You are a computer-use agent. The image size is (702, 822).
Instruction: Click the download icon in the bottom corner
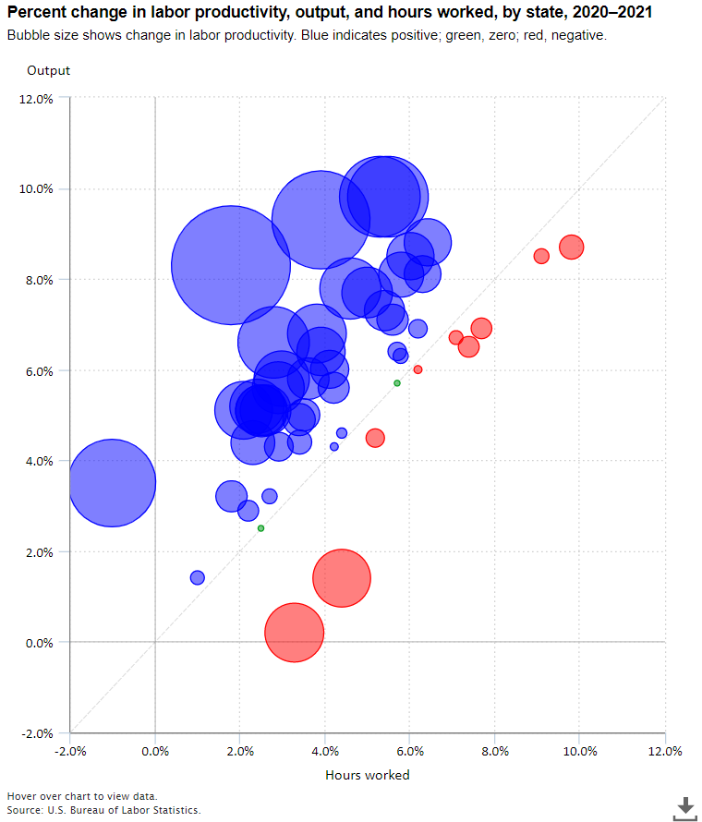click(684, 807)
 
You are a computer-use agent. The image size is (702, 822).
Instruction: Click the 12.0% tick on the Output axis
click(36, 99)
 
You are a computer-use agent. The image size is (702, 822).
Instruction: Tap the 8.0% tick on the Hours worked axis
click(495, 751)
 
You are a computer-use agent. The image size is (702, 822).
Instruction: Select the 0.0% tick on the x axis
click(155, 751)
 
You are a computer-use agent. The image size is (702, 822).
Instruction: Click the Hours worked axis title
click(368, 775)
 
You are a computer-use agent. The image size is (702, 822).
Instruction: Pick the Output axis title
click(48, 70)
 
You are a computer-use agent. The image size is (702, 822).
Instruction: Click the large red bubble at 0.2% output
click(295, 633)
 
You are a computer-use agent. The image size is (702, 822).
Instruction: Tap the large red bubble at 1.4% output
click(342, 578)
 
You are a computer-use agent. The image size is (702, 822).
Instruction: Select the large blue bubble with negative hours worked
click(113, 482)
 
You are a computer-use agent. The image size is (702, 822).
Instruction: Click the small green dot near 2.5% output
click(260, 528)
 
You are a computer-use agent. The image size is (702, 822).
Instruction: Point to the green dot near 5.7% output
click(397, 382)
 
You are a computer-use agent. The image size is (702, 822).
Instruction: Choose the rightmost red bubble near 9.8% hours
click(571, 247)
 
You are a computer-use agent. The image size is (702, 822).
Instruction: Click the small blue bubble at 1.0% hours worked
click(197, 577)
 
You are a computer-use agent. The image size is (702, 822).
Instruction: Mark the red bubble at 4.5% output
click(375, 438)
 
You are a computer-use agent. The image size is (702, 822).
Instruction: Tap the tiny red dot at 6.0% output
click(418, 369)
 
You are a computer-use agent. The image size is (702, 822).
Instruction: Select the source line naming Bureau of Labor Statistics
click(103, 810)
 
